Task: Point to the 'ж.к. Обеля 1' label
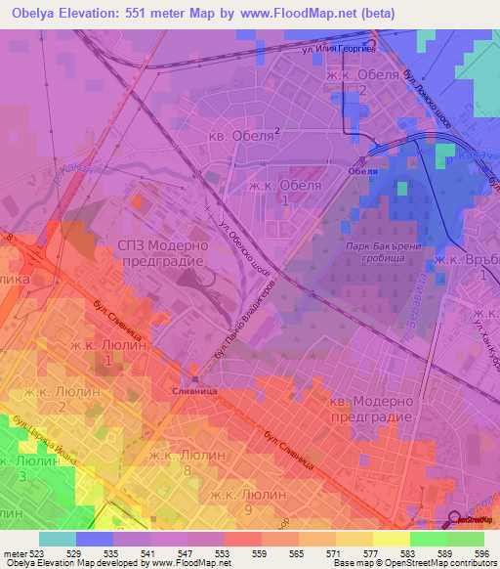pos(284,192)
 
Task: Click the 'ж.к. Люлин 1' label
pos(106,352)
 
